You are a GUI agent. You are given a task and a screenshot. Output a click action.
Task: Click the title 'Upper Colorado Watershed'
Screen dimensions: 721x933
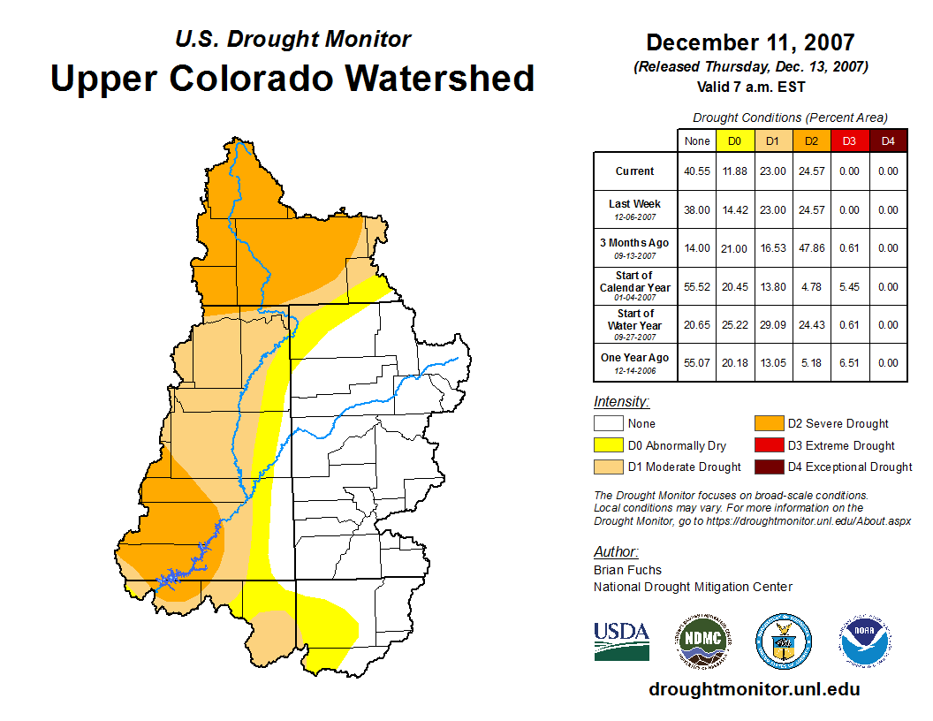point(292,78)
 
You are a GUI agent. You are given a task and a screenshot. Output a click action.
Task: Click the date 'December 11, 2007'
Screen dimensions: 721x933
point(750,42)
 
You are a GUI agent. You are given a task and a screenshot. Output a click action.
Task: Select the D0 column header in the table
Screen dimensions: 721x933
point(734,140)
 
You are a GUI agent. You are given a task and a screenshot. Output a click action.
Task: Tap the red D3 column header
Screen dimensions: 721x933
point(849,140)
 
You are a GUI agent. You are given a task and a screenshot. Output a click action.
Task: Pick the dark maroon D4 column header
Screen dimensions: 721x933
point(888,140)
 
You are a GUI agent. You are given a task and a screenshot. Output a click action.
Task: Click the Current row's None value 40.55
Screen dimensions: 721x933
point(697,171)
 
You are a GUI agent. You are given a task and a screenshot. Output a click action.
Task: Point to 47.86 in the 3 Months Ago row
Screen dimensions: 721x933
point(811,248)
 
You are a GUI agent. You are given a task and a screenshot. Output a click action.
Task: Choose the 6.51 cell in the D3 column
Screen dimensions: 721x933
point(849,362)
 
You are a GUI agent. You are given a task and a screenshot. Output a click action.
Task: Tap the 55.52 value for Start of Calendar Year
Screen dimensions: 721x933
point(697,286)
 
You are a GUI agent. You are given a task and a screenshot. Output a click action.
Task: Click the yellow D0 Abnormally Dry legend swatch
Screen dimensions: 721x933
point(609,445)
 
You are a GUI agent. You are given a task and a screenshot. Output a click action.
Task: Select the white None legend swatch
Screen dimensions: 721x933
point(609,423)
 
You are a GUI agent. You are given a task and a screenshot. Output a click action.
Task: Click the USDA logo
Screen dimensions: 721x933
point(621,641)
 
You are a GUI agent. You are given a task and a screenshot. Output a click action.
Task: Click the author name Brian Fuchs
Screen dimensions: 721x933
point(627,570)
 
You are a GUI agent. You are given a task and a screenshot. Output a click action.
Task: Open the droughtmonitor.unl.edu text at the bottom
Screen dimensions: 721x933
point(754,689)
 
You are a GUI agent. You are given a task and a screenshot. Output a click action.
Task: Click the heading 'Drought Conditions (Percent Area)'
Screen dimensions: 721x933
point(790,117)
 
